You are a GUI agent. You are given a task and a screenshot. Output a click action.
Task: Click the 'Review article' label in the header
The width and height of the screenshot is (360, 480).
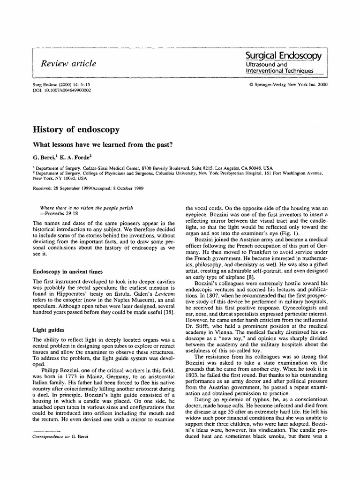(x=69, y=63)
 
